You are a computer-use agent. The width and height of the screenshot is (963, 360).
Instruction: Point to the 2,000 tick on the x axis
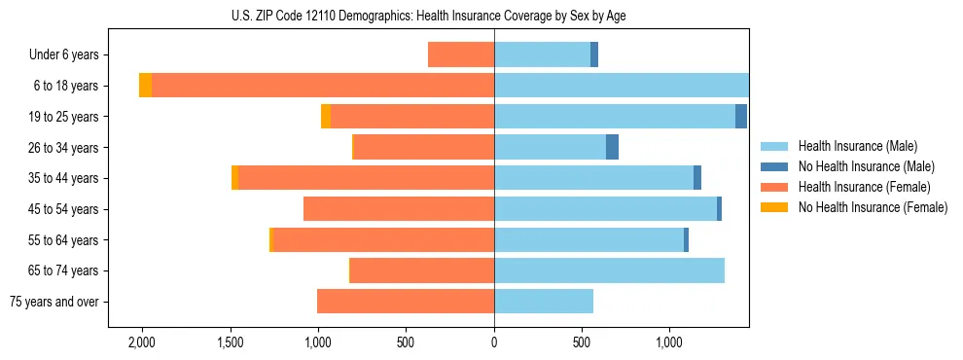click(x=142, y=342)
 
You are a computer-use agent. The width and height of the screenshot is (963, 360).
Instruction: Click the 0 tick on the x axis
click(x=494, y=342)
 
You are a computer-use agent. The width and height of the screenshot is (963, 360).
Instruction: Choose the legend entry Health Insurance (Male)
click(x=857, y=146)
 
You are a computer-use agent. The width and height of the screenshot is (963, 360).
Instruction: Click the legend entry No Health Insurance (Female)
click(x=873, y=207)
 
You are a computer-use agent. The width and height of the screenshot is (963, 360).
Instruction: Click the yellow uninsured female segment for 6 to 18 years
click(x=145, y=86)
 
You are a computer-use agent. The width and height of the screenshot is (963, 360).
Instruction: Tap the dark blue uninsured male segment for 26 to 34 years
click(x=612, y=147)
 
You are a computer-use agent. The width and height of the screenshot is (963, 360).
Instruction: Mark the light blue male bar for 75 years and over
click(x=544, y=302)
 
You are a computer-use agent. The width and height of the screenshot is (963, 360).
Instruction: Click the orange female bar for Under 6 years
click(x=461, y=55)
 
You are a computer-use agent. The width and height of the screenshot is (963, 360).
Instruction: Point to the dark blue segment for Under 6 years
click(x=594, y=55)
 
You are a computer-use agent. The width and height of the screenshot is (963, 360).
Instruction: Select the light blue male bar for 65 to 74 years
click(x=609, y=270)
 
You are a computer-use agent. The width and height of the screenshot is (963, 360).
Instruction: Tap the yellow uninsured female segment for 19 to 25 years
click(x=326, y=117)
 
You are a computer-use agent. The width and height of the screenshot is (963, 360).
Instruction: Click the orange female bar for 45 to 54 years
click(x=399, y=209)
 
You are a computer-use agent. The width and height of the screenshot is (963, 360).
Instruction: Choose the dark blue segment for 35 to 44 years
click(x=697, y=178)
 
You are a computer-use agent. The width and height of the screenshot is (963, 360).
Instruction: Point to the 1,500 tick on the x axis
click(x=231, y=342)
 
